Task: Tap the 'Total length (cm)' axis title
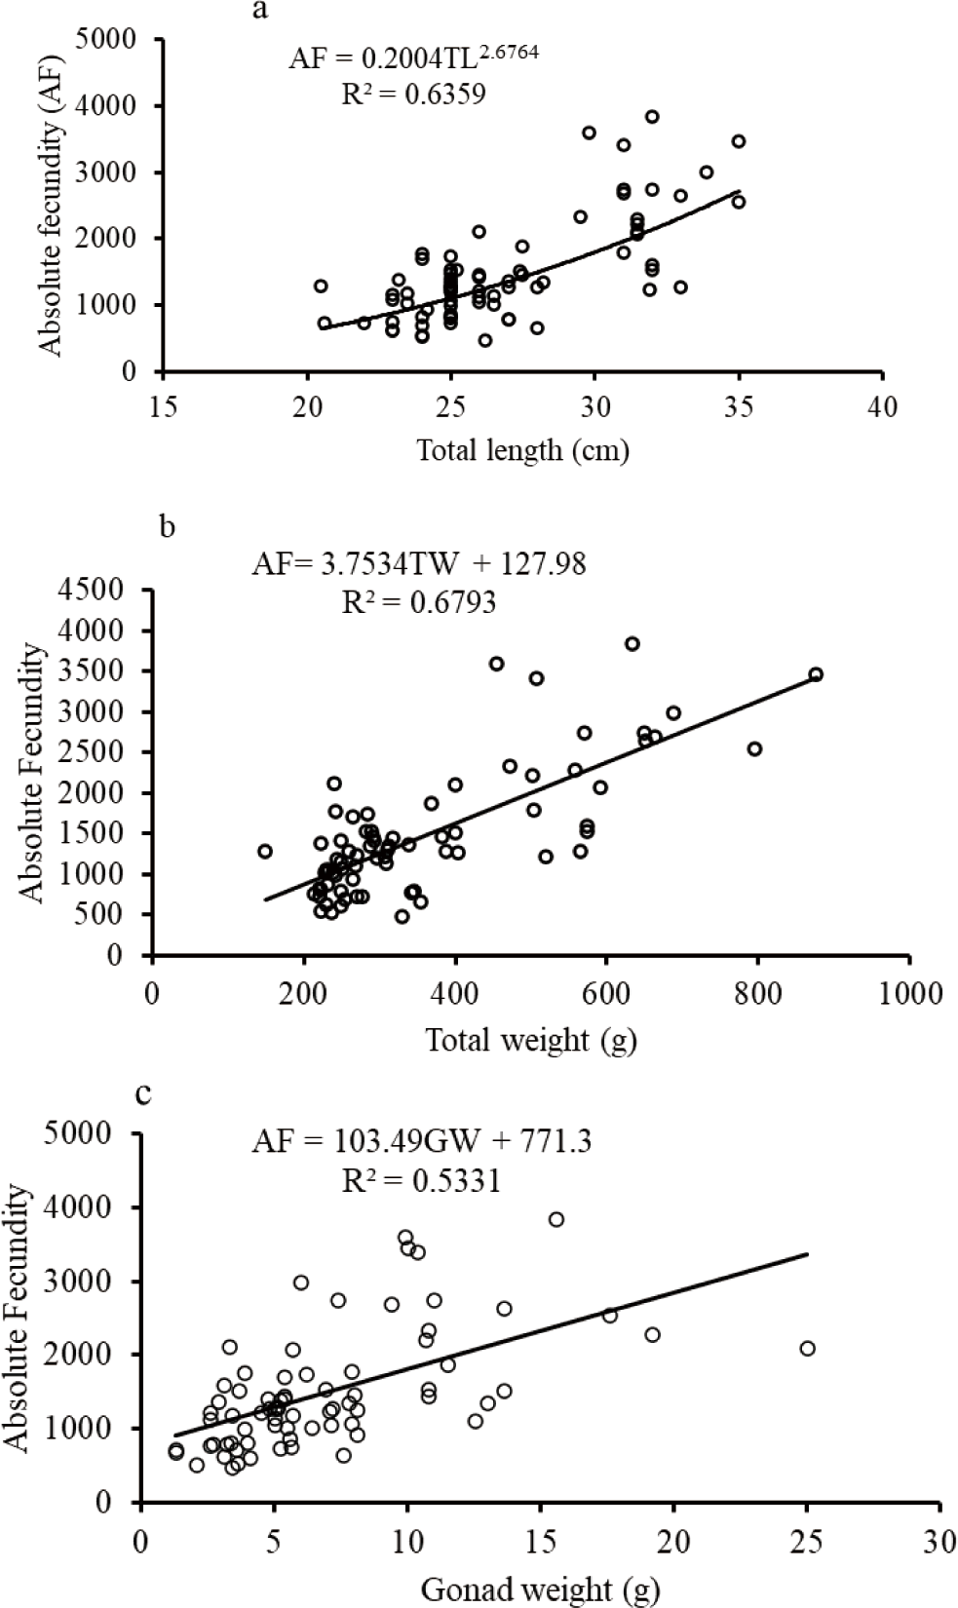pyautogui.click(x=522, y=450)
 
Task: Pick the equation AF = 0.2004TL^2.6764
pyautogui.click(x=414, y=57)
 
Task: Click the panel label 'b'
pyautogui.click(x=167, y=528)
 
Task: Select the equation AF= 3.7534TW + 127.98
pyautogui.click(x=419, y=563)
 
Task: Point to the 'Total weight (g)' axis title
pyautogui.click(x=531, y=1040)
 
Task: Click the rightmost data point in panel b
pyautogui.click(x=816, y=674)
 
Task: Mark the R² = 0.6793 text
pyautogui.click(x=418, y=602)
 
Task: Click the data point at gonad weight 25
pyautogui.click(x=807, y=1348)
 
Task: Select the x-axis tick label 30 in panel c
pyautogui.click(x=939, y=1543)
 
